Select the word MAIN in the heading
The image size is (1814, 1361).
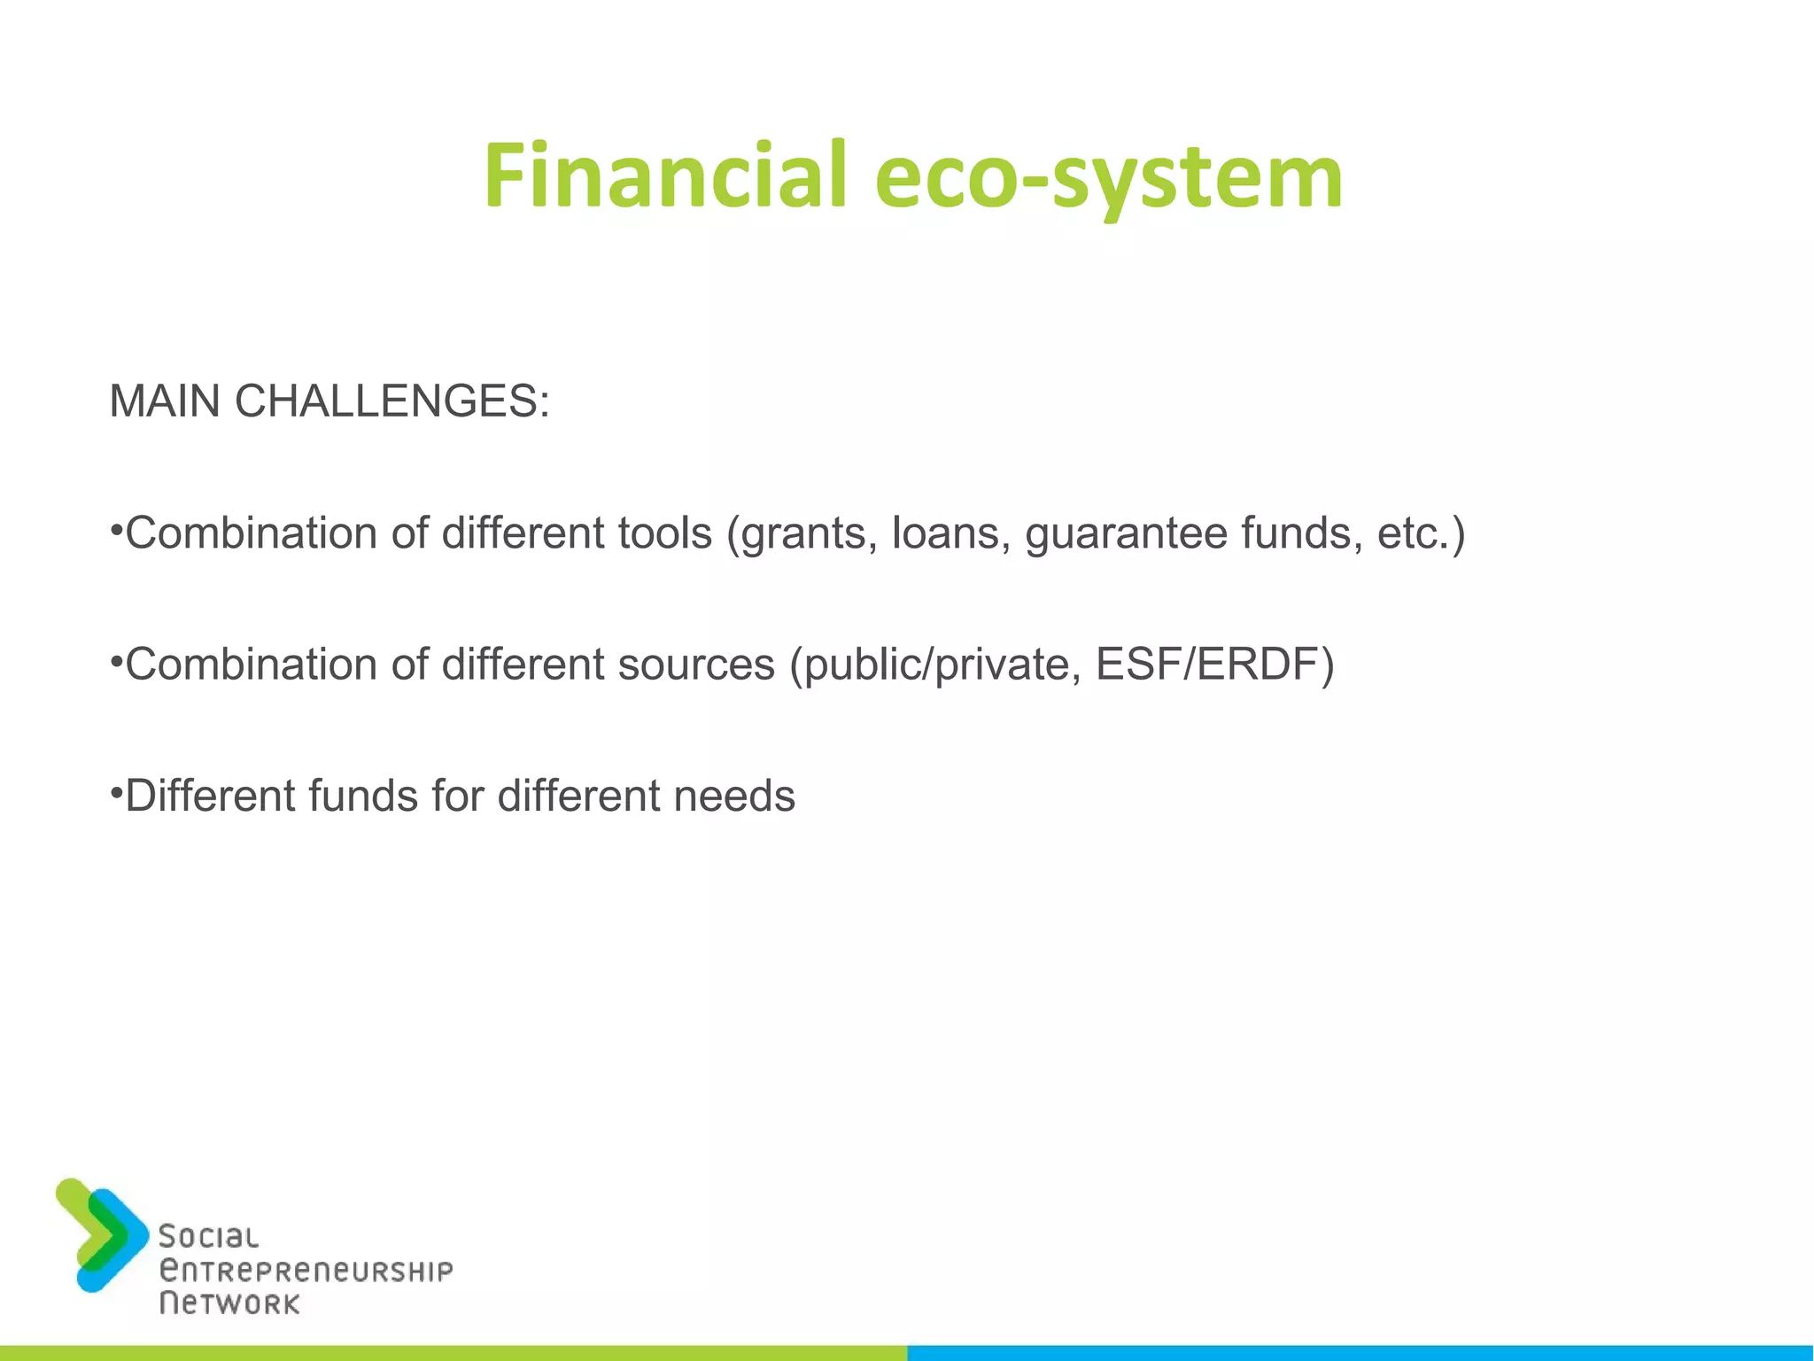click(165, 401)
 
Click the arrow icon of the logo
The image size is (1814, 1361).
click(101, 1234)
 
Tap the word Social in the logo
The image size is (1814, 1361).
click(208, 1236)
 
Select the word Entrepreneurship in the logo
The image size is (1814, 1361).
click(306, 1271)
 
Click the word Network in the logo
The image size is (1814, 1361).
click(229, 1303)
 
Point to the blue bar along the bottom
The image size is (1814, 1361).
click(1360, 1353)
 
